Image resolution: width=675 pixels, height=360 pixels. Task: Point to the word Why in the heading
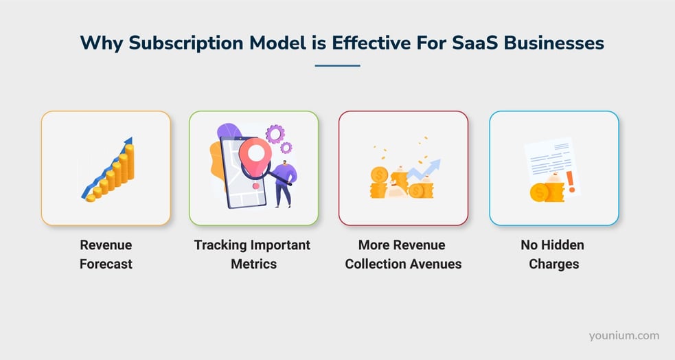pyautogui.click(x=97, y=43)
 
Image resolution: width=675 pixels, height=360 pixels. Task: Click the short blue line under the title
pyautogui.click(x=337, y=66)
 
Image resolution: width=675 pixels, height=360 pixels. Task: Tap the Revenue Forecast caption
pyautogui.click(x=106, y=254)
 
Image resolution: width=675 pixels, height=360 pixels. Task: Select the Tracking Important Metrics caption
pyautogui.click(x=252, y=254)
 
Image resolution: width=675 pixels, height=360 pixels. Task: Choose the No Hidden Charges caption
pyautogui.click(x=553, y=254)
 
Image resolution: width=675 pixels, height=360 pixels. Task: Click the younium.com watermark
pyautogui.click(x=623, y=336)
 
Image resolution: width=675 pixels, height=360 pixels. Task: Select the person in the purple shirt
pyautogui.click(x=284, y=183)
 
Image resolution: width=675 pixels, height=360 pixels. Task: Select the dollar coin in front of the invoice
pyautogui.click(x=538, y=193)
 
